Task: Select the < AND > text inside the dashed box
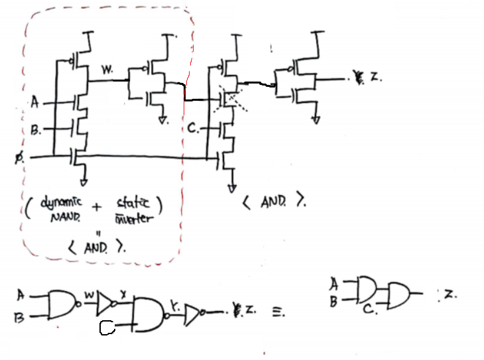(98, 249)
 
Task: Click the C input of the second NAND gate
(107, 327)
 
